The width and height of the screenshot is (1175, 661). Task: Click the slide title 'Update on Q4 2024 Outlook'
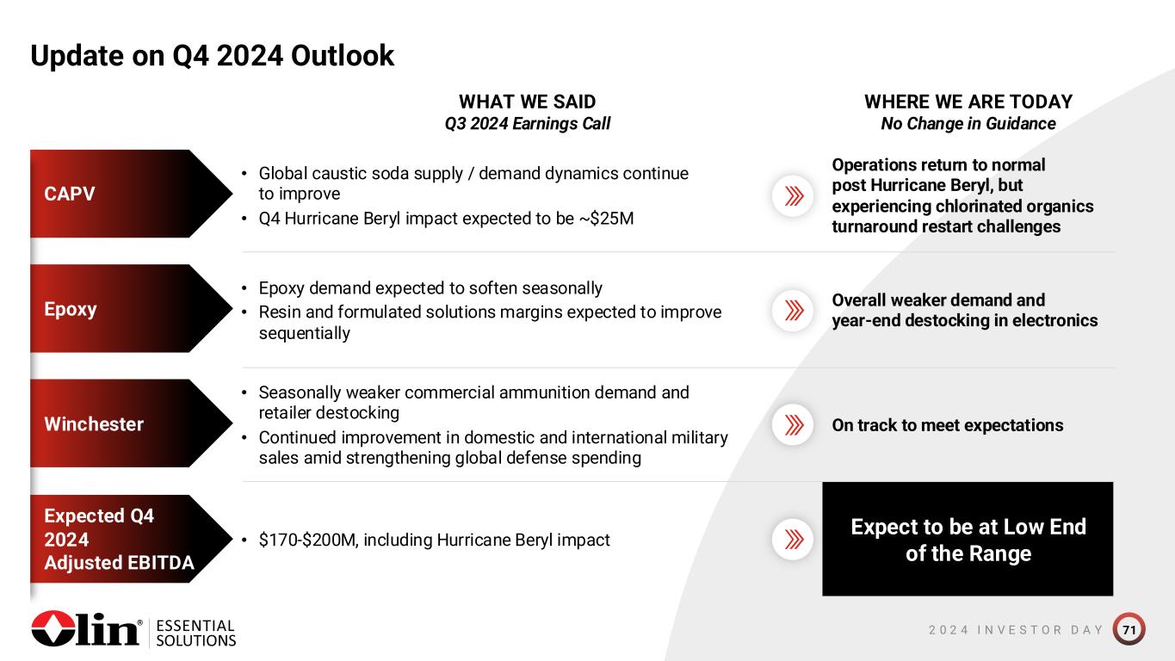click(x=212, y=56)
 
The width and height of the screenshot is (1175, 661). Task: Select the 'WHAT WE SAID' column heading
click(x=527, y=102)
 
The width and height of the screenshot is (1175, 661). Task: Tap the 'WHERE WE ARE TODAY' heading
click(x=968, y=102)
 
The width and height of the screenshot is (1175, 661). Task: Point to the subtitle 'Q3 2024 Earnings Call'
click(x=527, y=124)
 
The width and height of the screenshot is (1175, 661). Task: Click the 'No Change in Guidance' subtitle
click(x=968, y=124)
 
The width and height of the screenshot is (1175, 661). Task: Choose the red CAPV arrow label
click(x=131, y=194)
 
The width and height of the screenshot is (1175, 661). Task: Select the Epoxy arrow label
click(x=131, y=308)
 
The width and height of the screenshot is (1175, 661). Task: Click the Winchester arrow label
click(x=131, y=423)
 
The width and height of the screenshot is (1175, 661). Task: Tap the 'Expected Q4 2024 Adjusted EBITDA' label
click(x=131, y=539)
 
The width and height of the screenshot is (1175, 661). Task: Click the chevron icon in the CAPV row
click(x=793, y=196)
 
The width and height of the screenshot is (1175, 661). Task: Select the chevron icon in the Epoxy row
click(x=793, y=311)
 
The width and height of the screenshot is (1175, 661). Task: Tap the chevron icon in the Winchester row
click(x=793, y=425)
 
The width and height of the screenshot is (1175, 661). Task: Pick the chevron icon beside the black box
click(x=793, y=540)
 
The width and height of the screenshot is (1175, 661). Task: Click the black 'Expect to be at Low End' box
click(x=968, y=539)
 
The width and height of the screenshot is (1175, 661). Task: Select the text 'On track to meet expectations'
click(x=948, y=425)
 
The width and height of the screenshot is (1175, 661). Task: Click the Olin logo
click(x=87, y=628)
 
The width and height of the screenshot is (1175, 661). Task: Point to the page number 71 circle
click(x=1129, y=629)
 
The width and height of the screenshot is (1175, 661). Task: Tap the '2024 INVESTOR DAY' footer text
click(x=1016, y=629)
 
